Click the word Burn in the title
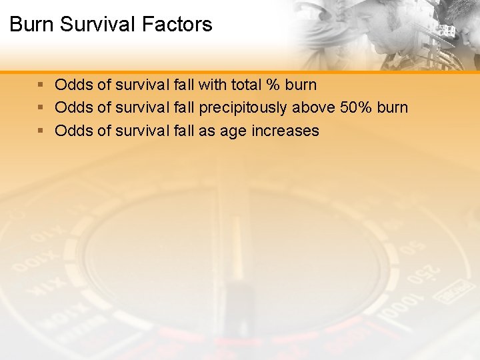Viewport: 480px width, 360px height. point(31,25)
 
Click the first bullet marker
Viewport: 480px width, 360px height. point(41,85)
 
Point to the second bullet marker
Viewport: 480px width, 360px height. point(41,108)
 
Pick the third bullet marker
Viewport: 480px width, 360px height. point(41,131)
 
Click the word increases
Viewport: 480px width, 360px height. point(285,131)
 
